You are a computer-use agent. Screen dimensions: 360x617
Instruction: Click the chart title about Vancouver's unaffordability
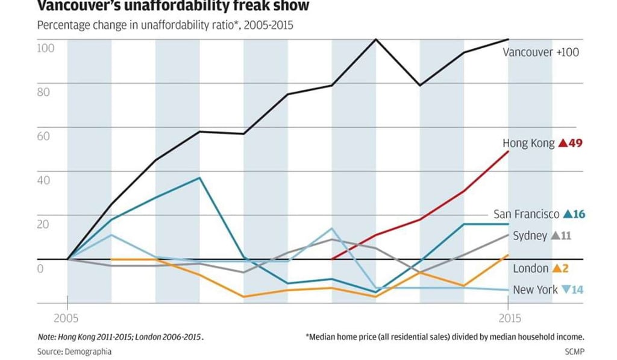173,7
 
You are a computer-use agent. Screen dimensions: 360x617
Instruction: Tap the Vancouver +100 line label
540,52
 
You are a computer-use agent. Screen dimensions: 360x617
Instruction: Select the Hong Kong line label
528,144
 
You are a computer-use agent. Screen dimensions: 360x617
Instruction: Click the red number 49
574,144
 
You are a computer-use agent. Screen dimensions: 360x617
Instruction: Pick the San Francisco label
526,214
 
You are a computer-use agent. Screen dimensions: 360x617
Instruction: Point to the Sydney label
530,236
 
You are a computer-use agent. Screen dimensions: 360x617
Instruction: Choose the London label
530,268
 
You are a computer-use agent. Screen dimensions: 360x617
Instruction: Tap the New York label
535,290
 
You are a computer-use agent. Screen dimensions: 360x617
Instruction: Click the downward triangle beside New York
565,290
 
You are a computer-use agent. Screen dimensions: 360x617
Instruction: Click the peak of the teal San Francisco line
199,178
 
